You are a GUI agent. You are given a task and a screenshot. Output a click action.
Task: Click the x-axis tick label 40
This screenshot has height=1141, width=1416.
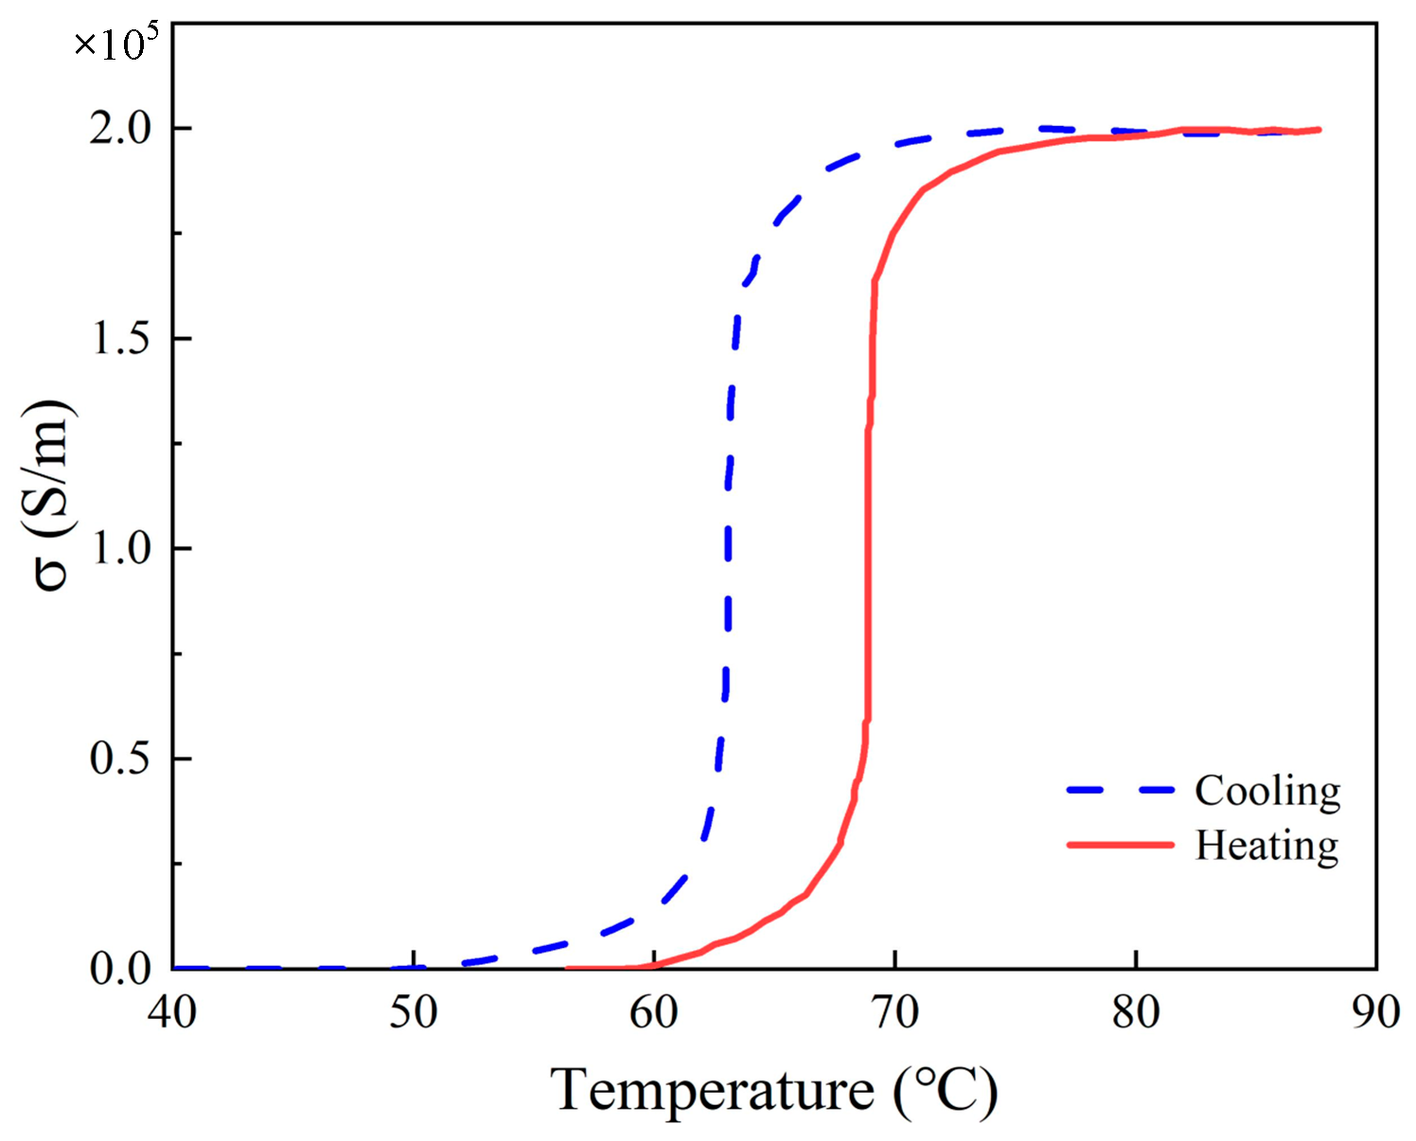tap(172, 1012)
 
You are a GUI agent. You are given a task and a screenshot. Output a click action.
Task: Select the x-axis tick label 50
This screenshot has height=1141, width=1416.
tap(414, 1012)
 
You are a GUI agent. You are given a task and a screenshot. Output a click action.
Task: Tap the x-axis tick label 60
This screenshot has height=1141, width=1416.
tap(654, 1012)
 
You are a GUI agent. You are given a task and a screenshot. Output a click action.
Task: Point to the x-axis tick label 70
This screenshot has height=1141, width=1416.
tap(894, 1012)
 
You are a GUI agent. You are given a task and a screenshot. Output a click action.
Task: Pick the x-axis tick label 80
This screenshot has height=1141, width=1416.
tap(1136, 1012)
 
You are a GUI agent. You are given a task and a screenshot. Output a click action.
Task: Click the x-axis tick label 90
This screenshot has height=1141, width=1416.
tap(1375, 1012)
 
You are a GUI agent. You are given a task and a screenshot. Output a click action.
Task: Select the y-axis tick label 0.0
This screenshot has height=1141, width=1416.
tap(121, 968)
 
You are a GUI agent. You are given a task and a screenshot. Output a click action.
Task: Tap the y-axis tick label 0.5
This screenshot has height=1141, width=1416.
tap(121, 758)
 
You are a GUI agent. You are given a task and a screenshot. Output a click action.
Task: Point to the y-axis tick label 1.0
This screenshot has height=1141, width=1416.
tap(121, 547)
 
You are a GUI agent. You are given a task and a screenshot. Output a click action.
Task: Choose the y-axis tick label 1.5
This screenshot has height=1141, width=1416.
tap(121, 338)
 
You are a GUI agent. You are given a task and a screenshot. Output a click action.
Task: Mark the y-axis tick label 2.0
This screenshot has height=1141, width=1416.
tap(121, 128)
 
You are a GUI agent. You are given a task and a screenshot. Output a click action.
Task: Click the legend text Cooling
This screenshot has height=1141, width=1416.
tap(1267, 791)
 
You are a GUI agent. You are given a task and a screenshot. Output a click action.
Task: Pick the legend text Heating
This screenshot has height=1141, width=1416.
tap(1266, 845)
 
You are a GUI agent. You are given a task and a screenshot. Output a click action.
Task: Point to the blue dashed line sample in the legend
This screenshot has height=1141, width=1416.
tap(1121, 790)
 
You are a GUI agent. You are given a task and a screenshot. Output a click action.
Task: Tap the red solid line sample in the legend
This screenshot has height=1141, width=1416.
tap(1121, 844)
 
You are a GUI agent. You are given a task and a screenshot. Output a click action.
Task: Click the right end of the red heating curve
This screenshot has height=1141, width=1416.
tap(1319, 130)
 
